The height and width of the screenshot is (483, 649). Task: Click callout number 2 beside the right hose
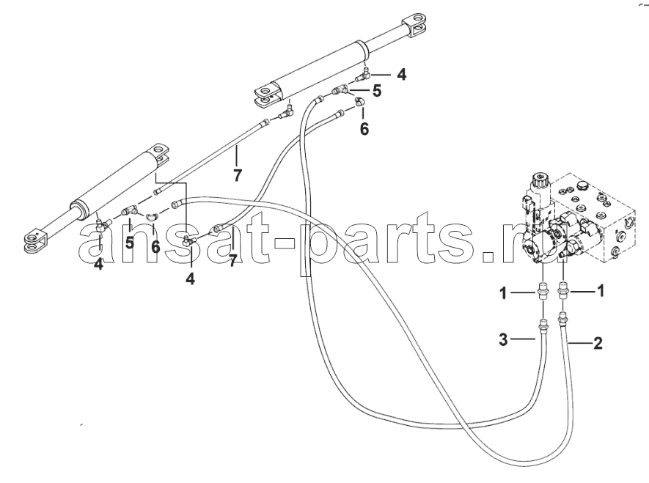pyautogui.click(x=597, y=343)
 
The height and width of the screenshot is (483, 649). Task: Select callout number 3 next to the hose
pyautogui.click(x=503, y=339)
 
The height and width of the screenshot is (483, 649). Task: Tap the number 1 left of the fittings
pyautogui.click(x=503, y=294)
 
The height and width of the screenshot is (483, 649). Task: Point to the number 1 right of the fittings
pyautogui.click(x=601, y=291)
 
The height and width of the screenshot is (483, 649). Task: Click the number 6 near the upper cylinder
pyautogui.click(x=364, y=129)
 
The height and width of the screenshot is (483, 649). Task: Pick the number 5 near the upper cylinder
pyautogui.click(x=377, y=91)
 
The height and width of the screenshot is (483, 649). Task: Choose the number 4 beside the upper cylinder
pyautogui.click(x=401, y=75)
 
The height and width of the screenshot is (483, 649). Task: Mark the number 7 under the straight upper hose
pyautogui.click(x=237, y=176)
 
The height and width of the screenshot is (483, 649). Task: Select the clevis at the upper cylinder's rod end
pyautogui.click(x=415, y=26)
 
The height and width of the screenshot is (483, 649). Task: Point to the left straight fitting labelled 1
pyautogui.click(x=543, y=291)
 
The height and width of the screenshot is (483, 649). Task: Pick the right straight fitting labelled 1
pyautogui.click(x=563, y=291)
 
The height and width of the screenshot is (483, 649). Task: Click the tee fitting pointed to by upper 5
pyautogui.click(x=340, y=89)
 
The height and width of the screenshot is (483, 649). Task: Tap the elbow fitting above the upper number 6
pyautogui.click(x=359, y=101)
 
